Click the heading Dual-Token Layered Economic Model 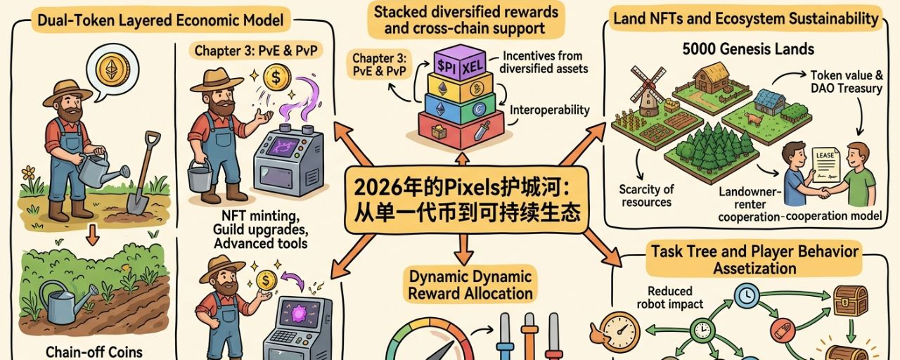(162, 20)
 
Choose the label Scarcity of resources (646, 195)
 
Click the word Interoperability (550, 110)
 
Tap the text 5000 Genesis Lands (748, 49)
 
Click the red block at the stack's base (461, 127)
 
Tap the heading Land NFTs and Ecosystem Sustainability (747, 19)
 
